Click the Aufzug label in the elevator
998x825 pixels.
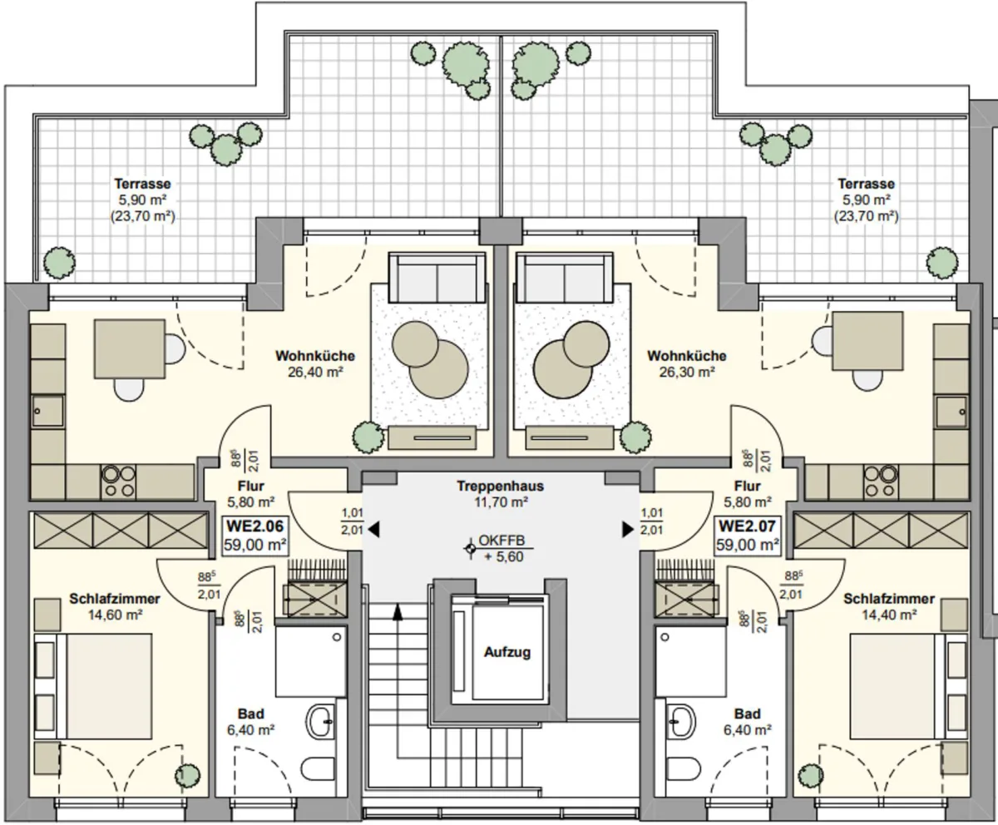507,653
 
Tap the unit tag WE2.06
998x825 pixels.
254,526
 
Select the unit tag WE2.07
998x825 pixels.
748,526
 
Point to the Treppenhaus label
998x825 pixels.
500,487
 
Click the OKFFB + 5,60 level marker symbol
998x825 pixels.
471,549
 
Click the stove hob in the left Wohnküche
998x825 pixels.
119,482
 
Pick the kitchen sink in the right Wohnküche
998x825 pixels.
951,412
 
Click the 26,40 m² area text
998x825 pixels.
315,372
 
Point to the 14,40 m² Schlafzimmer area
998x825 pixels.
889,615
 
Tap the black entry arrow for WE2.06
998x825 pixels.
373,529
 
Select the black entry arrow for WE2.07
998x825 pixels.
628,529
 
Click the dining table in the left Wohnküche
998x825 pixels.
130,349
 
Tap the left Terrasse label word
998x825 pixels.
142,184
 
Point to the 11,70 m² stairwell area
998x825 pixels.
501,502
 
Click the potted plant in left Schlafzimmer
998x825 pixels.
187,775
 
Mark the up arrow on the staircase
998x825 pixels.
397,613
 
